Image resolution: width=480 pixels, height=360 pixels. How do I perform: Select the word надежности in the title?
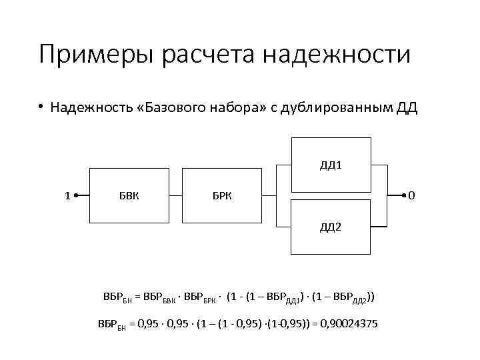[x=337, y=55]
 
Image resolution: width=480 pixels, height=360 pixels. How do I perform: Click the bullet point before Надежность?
[x=40, y=107]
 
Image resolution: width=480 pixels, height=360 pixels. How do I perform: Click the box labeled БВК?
[x=129, y=196]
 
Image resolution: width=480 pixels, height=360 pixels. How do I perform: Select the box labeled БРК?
[x=223, y=196]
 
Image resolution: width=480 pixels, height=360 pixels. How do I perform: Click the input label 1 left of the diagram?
[x=67, y=196]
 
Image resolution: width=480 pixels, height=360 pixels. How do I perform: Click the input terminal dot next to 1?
[x=76, y=196]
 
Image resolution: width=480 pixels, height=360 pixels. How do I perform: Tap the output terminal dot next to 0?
[x=403, y=196]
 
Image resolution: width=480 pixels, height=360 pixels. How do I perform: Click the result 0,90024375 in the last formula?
[x=349, y=323]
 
